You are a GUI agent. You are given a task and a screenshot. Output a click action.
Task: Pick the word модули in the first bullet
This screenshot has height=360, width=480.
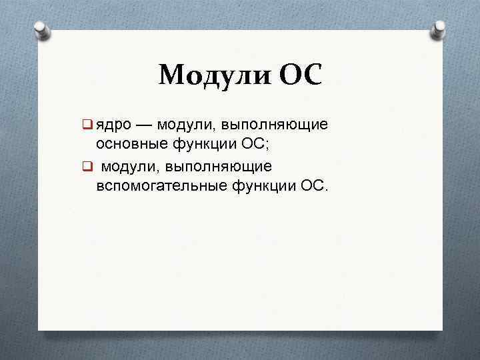click(183, 125)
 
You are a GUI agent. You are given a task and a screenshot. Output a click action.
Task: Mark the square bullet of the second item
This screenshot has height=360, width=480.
click(87, 165)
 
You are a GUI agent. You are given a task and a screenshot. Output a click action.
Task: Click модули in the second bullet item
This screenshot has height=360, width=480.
click(133, 165)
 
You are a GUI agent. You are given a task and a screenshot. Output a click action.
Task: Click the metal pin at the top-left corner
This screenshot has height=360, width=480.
click(41, 30)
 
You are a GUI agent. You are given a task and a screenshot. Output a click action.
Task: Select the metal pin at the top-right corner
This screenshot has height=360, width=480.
click(439, 29)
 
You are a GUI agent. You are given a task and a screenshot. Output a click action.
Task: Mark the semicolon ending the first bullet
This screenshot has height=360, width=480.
click(269, 145)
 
